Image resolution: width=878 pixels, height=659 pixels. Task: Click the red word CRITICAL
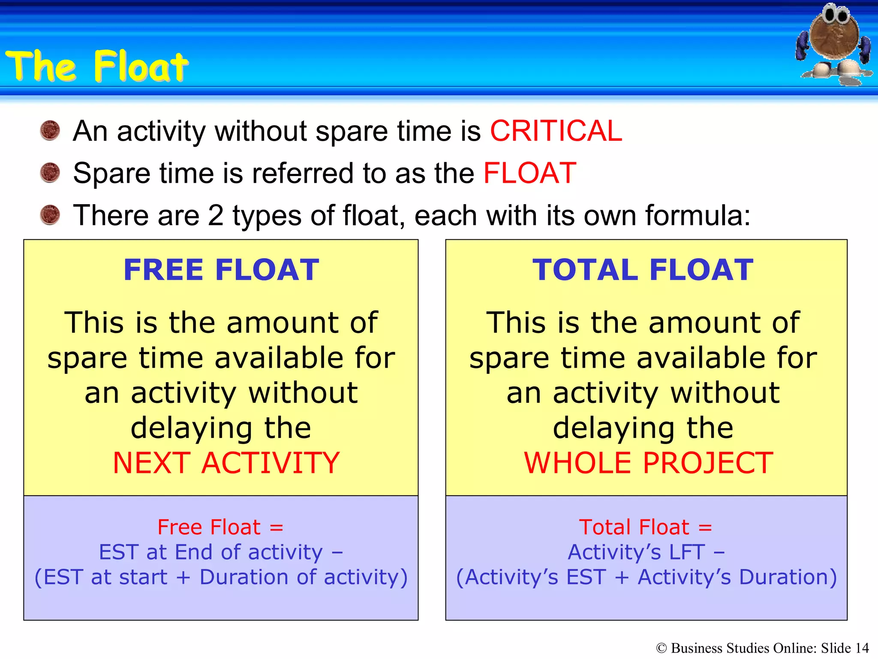click(x=556, y=131)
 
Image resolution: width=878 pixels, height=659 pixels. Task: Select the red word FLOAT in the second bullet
click(x=529, y=173)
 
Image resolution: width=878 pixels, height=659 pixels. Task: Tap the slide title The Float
click(x=97, y=66)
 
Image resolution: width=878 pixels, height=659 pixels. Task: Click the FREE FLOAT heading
click(x=221, y=270)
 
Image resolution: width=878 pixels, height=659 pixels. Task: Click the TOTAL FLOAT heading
click(x=643, y=270)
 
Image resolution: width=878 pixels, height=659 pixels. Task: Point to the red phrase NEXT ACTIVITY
click(x=226, y=463)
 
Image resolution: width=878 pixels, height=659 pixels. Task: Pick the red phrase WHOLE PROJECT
click(x=648, y=463)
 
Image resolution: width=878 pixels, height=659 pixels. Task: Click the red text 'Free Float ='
click(x=220, y=527)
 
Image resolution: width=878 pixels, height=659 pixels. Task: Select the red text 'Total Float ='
click(x=645, y=527)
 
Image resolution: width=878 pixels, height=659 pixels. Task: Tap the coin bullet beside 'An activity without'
click(x=50, y=130)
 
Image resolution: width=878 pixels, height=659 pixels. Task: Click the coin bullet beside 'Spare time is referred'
click(x=50, y=172)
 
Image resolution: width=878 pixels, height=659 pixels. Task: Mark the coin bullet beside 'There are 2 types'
click(x=50, y=215)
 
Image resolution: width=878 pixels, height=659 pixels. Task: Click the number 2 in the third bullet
click(x=215, y=215)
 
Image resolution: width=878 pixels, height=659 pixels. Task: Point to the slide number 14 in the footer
click(x=862, y=648)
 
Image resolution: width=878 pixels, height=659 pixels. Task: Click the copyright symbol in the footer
click(x=662, y=648)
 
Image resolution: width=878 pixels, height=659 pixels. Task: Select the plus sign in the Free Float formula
click(x=183, y=577)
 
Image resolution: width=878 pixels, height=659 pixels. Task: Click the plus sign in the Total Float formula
click(x=622, y=577)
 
